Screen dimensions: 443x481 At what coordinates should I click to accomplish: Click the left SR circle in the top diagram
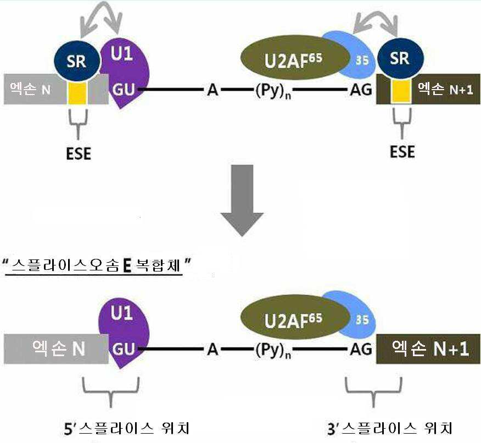(77, 61)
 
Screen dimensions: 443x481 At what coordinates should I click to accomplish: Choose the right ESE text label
(402, 151)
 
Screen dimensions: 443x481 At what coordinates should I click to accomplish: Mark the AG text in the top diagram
(360, 90)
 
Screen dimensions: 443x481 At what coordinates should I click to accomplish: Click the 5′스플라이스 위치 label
(126, 428)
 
